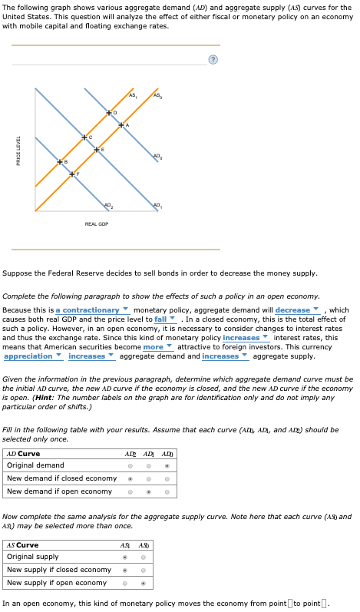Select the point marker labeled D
coord(109,113)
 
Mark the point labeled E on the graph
coord(95,149)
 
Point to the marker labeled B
coord(60,162)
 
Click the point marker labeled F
coord(71,174)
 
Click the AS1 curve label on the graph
coord(133,95)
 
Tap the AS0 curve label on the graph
coord(158,95)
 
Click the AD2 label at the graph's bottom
coord(107,204)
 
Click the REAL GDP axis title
coord(97,223)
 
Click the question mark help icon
coord(213,60)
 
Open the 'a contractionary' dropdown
coord(89,310)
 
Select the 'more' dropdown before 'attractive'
coord(157,347)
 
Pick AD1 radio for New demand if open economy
coord(148,491)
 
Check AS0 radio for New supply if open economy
coord(143,583)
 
